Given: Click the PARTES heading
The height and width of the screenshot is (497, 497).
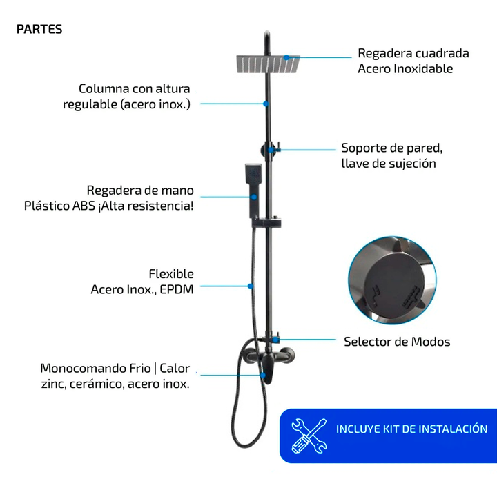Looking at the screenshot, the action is pos(39,29).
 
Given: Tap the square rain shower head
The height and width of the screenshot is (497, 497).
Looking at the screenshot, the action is pos(268,64).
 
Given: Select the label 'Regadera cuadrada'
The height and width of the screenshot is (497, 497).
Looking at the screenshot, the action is pos(413,53).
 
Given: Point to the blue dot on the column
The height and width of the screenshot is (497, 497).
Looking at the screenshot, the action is pos(266,104).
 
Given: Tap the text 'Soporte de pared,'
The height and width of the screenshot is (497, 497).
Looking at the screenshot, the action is pos(392,148).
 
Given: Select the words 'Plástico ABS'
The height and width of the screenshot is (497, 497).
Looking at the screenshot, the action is pos(59,206).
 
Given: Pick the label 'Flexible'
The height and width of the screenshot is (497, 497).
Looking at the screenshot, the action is pos(171,274).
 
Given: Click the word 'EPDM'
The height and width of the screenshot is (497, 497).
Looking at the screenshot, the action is pos(177,289).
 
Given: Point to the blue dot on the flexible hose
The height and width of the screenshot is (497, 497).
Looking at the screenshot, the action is pos(251,286).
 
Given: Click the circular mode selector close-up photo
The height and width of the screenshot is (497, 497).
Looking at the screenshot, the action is pos(392,280).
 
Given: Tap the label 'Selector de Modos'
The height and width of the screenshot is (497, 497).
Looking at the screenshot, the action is pos(397,342).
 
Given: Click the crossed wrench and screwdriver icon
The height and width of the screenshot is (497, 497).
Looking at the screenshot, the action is pos(309,436).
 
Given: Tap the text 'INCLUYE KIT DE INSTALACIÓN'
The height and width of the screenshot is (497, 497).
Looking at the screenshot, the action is pos(411,429).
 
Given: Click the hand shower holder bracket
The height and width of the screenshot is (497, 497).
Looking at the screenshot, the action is pos(266,222).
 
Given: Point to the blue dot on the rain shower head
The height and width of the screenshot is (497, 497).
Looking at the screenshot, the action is pos(286,57).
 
